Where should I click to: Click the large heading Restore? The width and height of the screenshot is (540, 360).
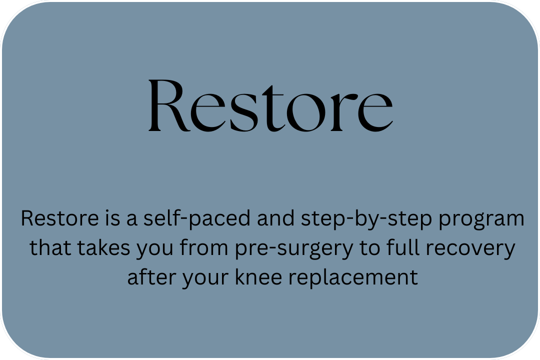[x=270, y=105]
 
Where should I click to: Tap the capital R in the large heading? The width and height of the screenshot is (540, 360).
[x=169, y=105]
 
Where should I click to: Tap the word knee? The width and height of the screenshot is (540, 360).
[x=258, y=277]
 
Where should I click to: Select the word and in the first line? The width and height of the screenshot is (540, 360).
[x=276, y=218]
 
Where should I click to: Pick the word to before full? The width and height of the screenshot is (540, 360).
[x=370, y=248]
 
